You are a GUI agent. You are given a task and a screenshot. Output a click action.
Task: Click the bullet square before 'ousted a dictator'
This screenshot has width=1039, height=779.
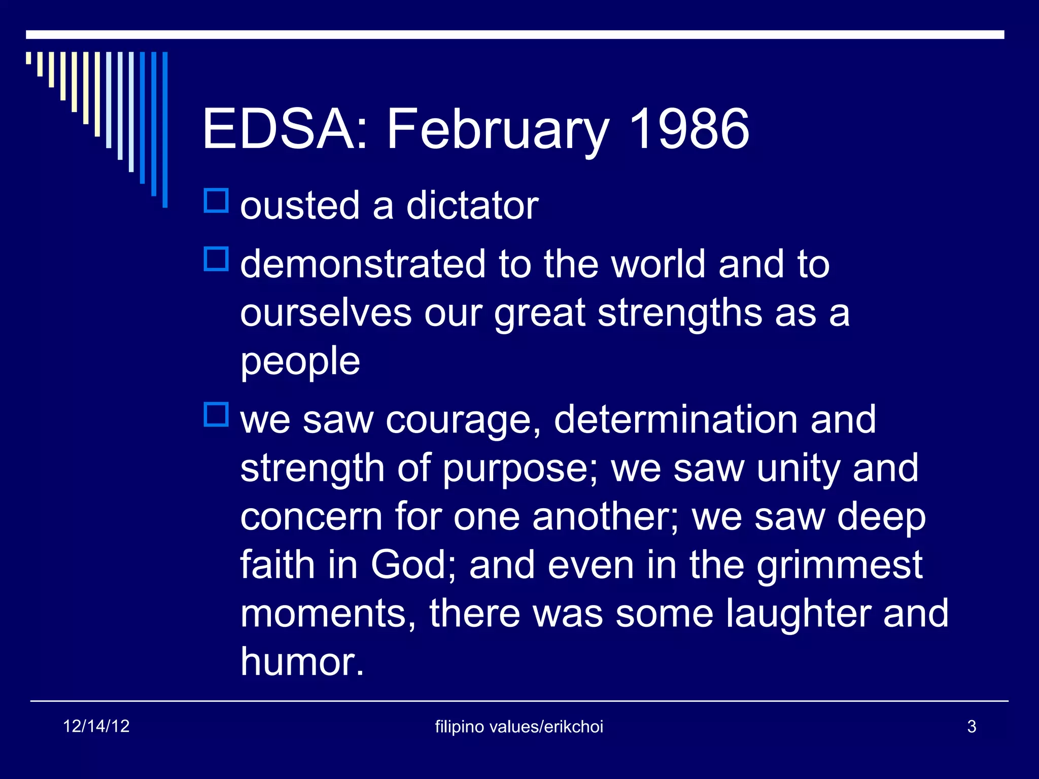[217, 200]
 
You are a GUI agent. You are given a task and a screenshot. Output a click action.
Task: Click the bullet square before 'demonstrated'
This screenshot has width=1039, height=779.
[217, 259]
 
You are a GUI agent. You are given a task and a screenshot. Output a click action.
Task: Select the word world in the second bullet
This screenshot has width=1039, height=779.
[659, 264]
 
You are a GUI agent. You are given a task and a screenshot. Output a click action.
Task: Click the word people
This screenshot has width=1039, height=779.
[300, 362]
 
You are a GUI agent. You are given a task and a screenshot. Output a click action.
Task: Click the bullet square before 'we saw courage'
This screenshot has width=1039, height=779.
[217, 414]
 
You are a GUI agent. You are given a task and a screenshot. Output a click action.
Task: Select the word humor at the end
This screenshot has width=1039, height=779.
[302, 662]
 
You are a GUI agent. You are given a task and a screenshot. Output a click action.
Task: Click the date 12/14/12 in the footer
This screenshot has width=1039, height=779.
[96, 726]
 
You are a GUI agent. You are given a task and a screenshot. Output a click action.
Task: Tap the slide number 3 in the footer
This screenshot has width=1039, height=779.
[972, 727]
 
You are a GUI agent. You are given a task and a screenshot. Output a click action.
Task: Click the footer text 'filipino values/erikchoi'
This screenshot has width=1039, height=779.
[519, 727]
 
